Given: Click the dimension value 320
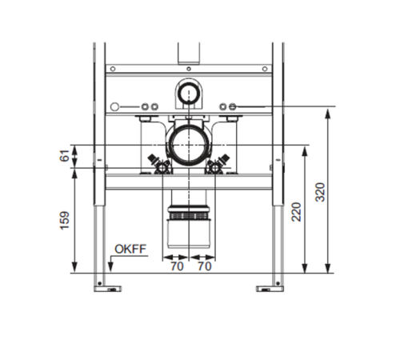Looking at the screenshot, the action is click(x=320, y=192).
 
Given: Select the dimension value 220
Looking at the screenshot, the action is click(x=296, y=212).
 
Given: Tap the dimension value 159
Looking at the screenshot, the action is click(x=65, y=221).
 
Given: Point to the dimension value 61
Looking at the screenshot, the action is click(x=65, y=156).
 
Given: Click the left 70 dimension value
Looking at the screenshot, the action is click(x=177, y=266).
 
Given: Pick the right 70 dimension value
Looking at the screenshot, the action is click(x=205, y=266).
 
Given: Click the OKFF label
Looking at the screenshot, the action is click(x=130, y=249).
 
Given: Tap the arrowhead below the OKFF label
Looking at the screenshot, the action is click(x=110, y=267).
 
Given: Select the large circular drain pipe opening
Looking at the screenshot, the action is click(x=189, y=145).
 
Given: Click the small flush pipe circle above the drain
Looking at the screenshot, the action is click(x=189, y=92).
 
